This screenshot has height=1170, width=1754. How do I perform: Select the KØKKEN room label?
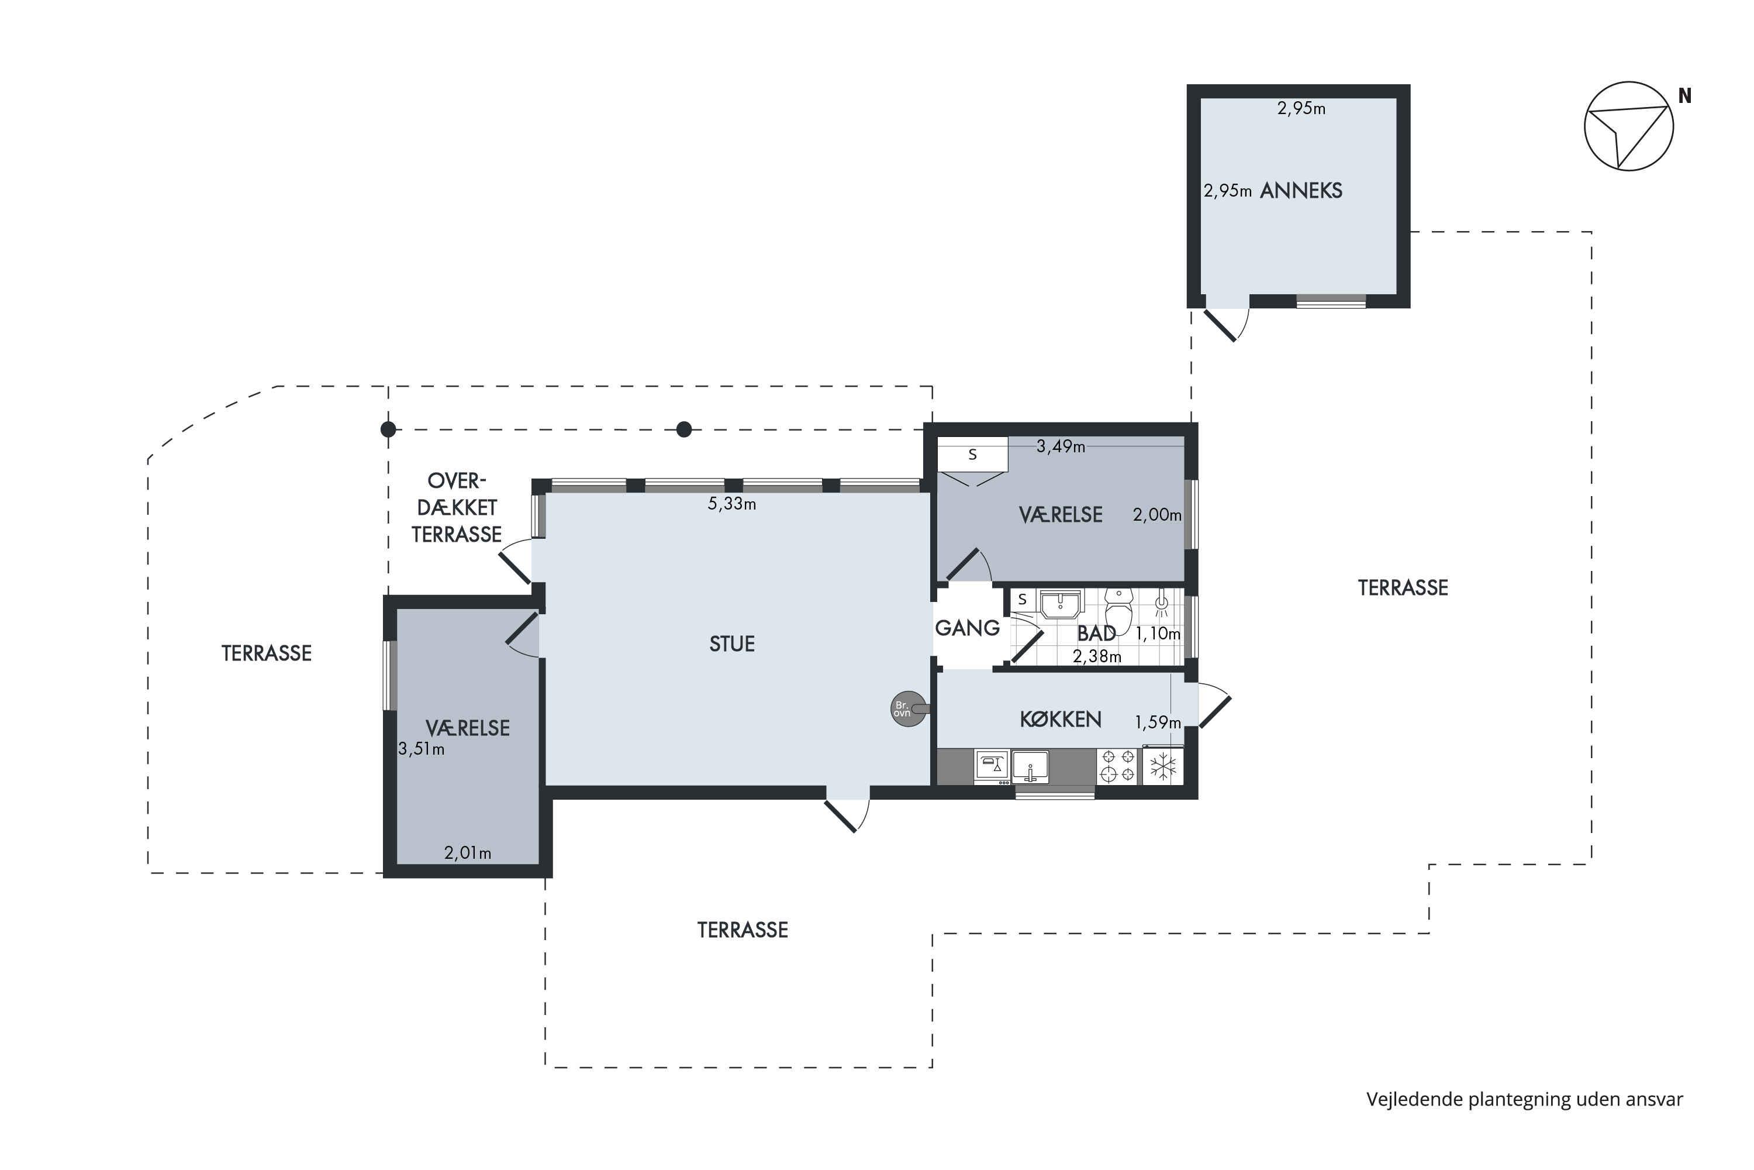click(x=1061, y=720)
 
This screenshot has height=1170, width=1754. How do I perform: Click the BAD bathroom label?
click(x=1096, y=634)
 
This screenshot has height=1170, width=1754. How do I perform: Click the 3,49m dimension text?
click(x=1061, y=447)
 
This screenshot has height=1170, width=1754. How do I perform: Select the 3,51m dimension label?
click(x=422, y=749)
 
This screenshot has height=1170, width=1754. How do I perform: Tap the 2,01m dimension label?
click(x=468, y=853)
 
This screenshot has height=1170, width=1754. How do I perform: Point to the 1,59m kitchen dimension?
click(x=1158, y=722)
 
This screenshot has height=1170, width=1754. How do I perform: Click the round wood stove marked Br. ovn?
click(x=909, y=709)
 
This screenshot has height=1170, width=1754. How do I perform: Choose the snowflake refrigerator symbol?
click(x=1163, y=766)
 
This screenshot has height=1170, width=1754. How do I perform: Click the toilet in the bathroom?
click(x=1118, y=610)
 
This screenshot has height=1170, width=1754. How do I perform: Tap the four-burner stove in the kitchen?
click(x=1117, y=766)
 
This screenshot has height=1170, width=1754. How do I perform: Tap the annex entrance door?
click(x=1223, y=324)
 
